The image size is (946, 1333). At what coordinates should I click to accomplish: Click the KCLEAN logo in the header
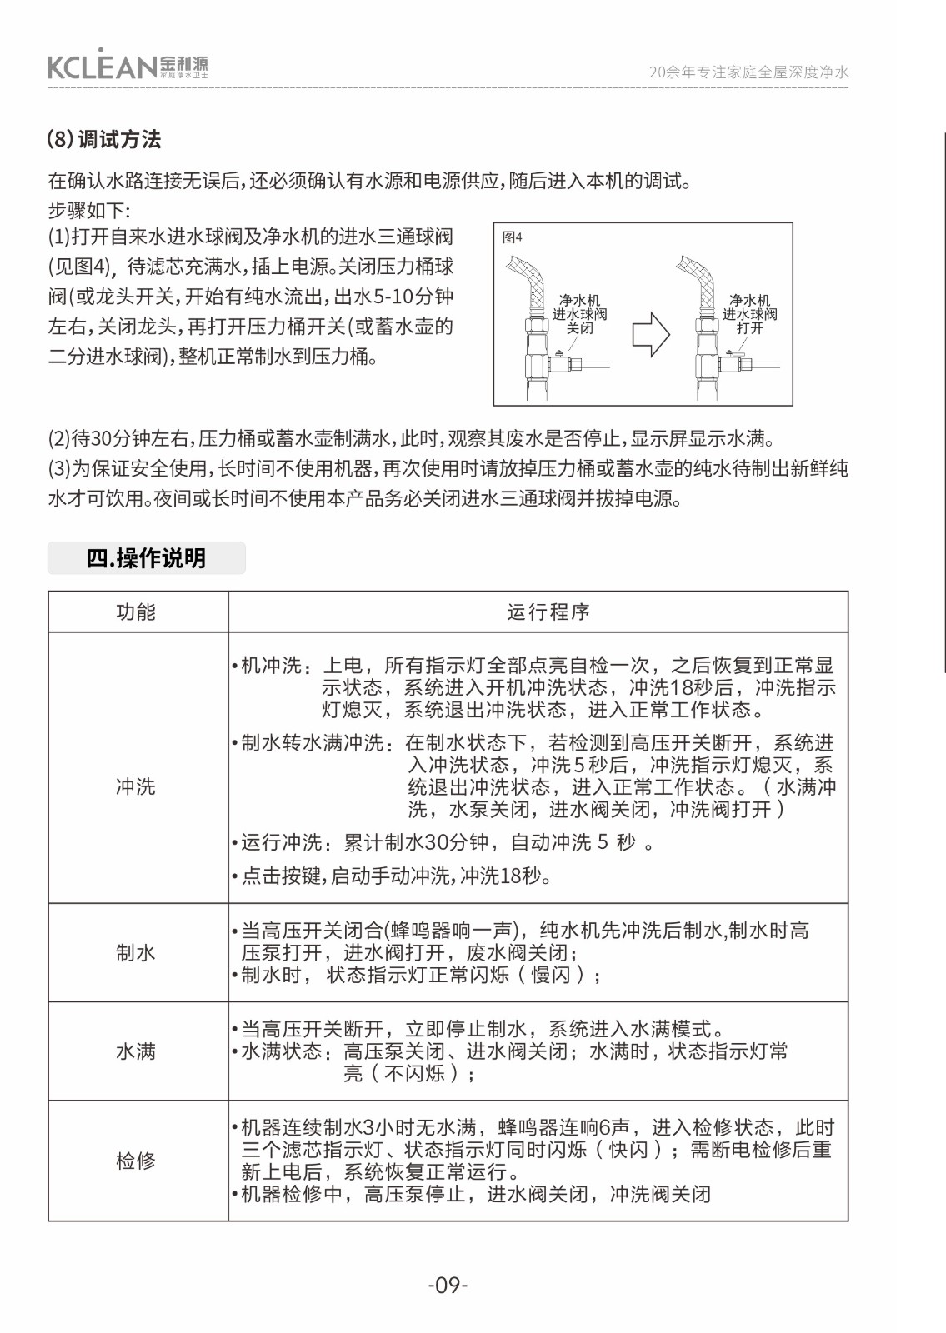pyautogui.click(x=127, y=66)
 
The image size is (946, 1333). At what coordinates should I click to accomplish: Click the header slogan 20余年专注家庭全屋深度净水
pyautogui.click(x=748, y=72)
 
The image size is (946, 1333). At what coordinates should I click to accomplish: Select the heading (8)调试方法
pyautogui.click(x=104, y=139)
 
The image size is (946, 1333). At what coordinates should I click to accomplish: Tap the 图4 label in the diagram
pyautogui.click(x=513, y=237)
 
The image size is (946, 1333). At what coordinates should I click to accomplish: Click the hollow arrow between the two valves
pyautogui.click(x=651, y=335)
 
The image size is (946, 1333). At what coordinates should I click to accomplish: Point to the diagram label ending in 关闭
pyautogui.click(x=579, y=314)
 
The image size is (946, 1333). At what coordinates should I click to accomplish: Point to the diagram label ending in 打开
pyautogui.click(x=749, y=314)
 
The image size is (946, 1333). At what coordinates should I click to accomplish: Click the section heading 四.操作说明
pyautogui.click(x=146, y=558)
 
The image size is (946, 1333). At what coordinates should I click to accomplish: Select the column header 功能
pyautogui.click(x=136, y=612)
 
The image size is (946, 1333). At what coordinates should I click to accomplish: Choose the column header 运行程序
pyautogui.click(x=548, y=612)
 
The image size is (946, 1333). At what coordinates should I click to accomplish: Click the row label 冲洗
pyautogui.click(x=136, y=786)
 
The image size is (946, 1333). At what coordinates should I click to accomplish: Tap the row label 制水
pyautogui.click(x=136, y=952)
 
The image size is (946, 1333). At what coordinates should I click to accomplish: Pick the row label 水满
pyautogui.click(x=136, y=1051)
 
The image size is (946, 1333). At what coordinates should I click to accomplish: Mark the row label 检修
pyautogui.click(x=136, y=1161)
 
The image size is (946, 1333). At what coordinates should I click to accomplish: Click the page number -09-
pyautogui.click(x=448, y=1285)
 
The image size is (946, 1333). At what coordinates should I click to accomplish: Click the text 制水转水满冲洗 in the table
pyautogui.click(x=313, y=743)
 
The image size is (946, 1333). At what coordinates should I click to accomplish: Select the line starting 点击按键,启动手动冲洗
pyautogui.click(x=396, y=876)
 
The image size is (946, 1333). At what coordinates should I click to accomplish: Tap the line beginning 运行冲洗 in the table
pyautogui.click(x=442, y=842)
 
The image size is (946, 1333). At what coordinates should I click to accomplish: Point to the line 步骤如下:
pyautogui.click(x=89, y=210)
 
